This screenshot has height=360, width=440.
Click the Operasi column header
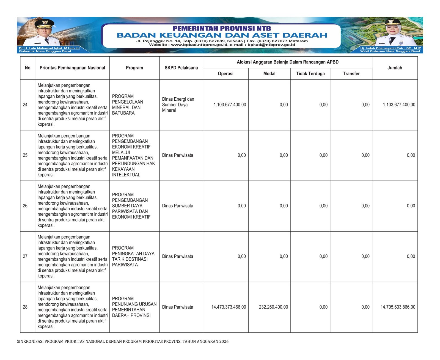tap(226, 74)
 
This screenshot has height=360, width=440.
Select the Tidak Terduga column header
tap(310, 74)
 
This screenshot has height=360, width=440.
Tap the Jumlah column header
tap(395, 68)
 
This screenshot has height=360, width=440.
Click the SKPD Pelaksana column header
tap(181, 68)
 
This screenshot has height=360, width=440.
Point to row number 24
tap(25, 105)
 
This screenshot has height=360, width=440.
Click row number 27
tap(25, 257)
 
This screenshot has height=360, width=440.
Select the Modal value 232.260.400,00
tap(273, 307)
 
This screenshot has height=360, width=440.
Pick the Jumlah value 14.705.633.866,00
tap(398, 307)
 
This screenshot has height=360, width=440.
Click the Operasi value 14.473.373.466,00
tap(229, 307)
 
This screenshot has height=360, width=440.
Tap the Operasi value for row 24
tap(230, 105)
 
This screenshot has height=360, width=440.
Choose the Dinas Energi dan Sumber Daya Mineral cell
tap(178, 105)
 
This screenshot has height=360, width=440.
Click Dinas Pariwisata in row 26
tap(177, 206)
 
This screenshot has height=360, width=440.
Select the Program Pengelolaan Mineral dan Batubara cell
tap(127, 105)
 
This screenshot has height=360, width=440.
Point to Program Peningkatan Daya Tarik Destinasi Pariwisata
tap(133, 257)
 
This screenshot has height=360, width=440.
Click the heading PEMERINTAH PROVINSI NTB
tap(222, 28)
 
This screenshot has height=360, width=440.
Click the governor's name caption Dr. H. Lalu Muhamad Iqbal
tap(49, 48)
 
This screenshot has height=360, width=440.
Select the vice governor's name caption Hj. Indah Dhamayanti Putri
tap(390, 48)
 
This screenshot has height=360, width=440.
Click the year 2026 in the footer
tap(224, 342)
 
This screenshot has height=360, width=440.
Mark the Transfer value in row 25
tap(365, 155)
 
